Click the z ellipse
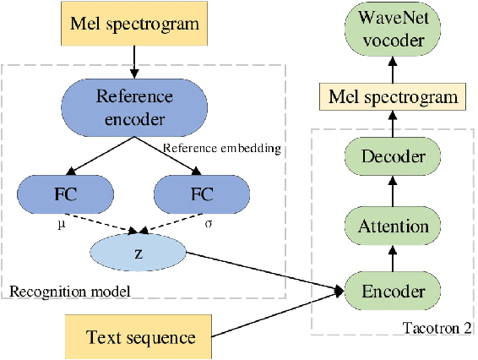(136, 253)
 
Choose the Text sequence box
(140, 338)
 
